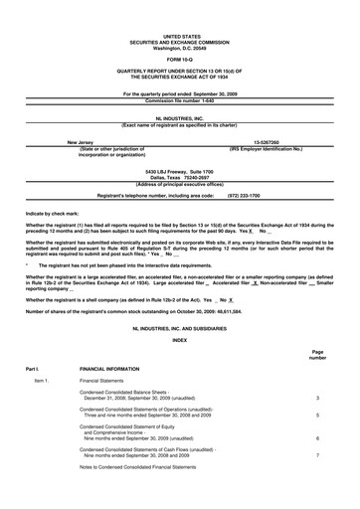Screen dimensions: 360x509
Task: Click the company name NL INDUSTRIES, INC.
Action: [x=179, y=117]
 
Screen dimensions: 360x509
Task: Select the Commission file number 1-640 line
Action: [x=179, y=100]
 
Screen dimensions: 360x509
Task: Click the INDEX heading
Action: [x=179, y=340]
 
